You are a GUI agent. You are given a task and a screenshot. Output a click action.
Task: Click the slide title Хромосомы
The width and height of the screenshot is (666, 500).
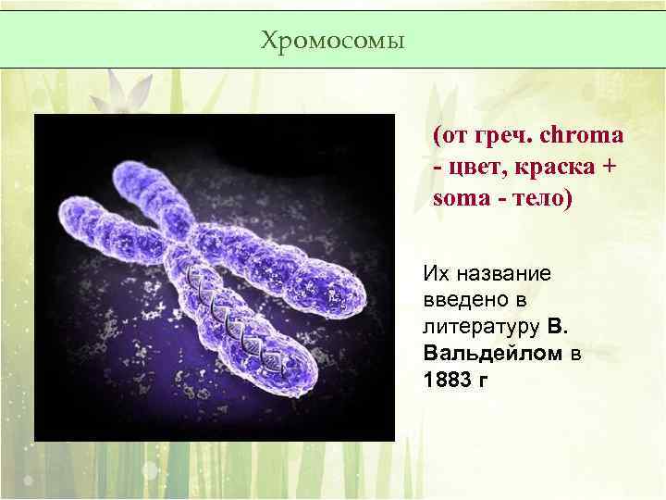click(x=332, y=41)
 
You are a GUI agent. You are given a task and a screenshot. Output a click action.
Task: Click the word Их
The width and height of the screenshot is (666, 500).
click(x=435, y=274)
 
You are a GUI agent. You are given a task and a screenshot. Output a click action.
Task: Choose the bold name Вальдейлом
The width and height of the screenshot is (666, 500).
click(x=494, y=354)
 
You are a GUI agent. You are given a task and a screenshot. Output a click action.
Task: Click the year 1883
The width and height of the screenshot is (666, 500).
click(x=445, y=381)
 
